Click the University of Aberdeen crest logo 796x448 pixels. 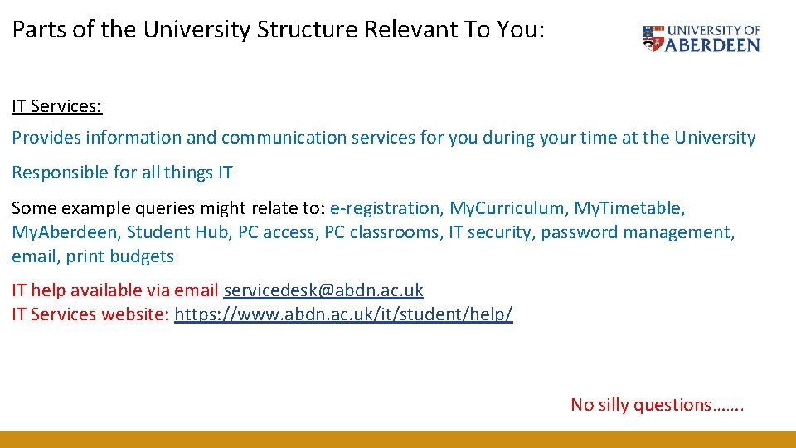653,38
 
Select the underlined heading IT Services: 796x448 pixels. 57,106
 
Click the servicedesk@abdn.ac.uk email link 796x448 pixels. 323,290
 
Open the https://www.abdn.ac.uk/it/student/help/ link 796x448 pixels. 343,314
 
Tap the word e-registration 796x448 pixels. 386,208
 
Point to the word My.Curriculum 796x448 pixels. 507,208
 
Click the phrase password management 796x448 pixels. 637,232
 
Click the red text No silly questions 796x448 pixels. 657,405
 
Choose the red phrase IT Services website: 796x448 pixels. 90,314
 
